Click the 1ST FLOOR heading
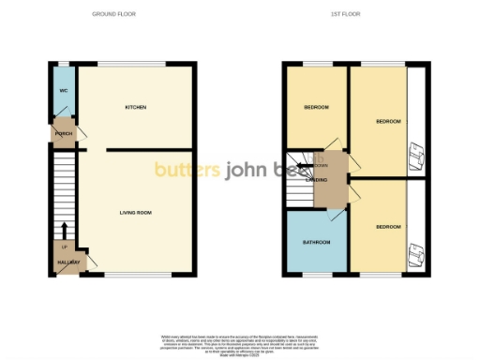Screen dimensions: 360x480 (x=346, y=15)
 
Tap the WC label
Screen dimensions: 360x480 (x=63, y=91)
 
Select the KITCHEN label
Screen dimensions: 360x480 (x=136, y=107)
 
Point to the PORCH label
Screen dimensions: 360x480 (x=64, y=133)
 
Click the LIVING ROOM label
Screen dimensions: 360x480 (x=136, y=213)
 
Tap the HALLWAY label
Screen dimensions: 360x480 (x=66, y=262)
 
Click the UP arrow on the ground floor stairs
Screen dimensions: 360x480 (x=64, y=230)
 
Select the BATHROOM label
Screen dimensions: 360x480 (x=316, y=243)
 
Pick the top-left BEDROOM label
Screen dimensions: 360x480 (x=316, y=108)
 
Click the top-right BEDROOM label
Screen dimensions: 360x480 (x=388, y=122)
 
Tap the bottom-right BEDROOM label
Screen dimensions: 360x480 (x=388, y=227)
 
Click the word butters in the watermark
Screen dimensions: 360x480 (x=186, y=170)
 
